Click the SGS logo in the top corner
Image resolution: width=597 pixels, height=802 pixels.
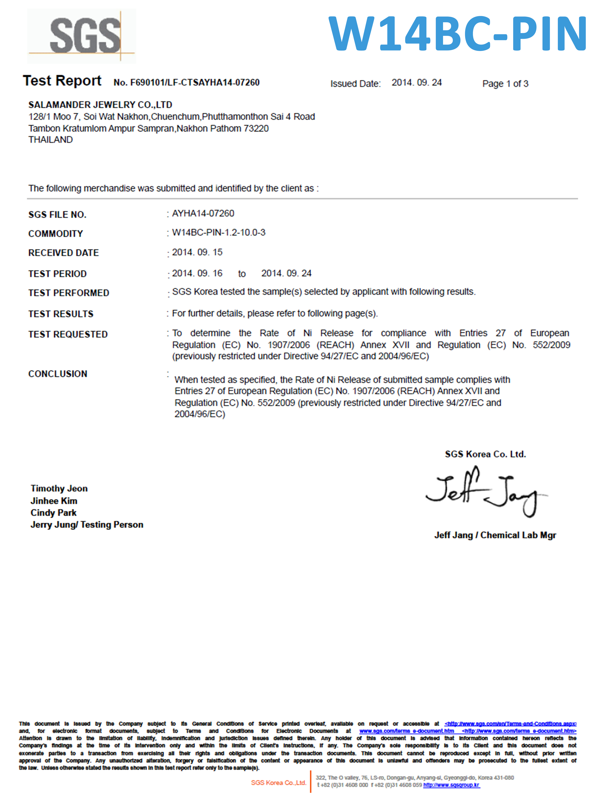82,36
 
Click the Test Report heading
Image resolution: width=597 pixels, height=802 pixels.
62,81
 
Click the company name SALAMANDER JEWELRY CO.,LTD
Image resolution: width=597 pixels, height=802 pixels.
100,105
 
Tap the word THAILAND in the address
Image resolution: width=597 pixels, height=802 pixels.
51,140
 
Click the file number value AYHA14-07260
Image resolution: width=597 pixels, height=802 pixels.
203,213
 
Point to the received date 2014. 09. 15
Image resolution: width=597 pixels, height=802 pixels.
197,252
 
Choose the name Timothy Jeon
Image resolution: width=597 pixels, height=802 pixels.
59,488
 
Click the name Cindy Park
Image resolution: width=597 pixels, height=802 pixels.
54,513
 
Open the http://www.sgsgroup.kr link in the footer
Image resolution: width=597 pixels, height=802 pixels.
451,785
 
